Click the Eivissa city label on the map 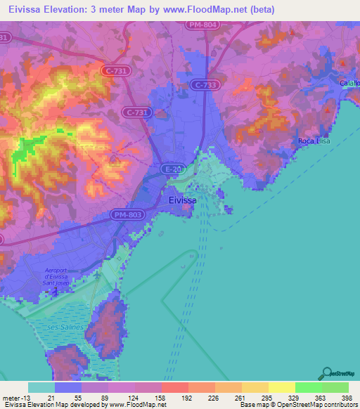183,200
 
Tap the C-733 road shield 203,84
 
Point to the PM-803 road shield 127,214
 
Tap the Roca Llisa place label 314,141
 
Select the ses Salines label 65,327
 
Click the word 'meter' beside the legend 12,398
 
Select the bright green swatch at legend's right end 335,387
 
